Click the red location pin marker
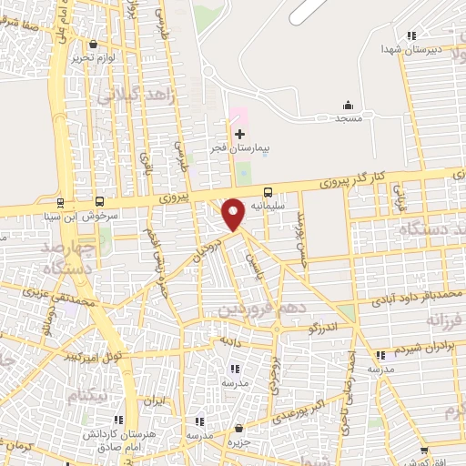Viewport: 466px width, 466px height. click(234, 212)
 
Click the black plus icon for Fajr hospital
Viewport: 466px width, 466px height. click(240, 135)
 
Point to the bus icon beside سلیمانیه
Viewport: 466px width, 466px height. click(268, 192)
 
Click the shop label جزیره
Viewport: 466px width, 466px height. click(239, 442)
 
